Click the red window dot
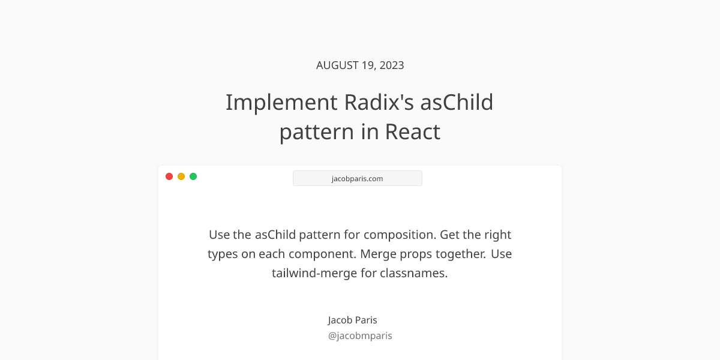tap(169, 176)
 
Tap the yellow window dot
tap(181, 176)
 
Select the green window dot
tap(193, 176)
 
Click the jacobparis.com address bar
tap(358, 178)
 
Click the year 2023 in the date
tap(391, 65)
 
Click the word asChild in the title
tap(457, 103)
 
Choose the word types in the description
tap(223, 254)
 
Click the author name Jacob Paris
tap(353, 320)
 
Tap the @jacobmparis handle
tap(360, 335)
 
